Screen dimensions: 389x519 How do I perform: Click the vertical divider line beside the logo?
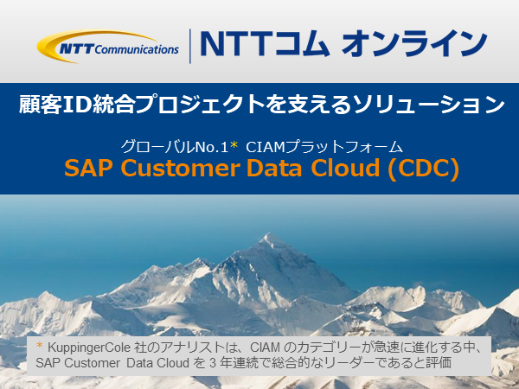(190, 46)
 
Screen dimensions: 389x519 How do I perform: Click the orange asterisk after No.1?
(234, 146)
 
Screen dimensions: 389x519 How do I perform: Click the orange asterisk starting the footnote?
(40, 345)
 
